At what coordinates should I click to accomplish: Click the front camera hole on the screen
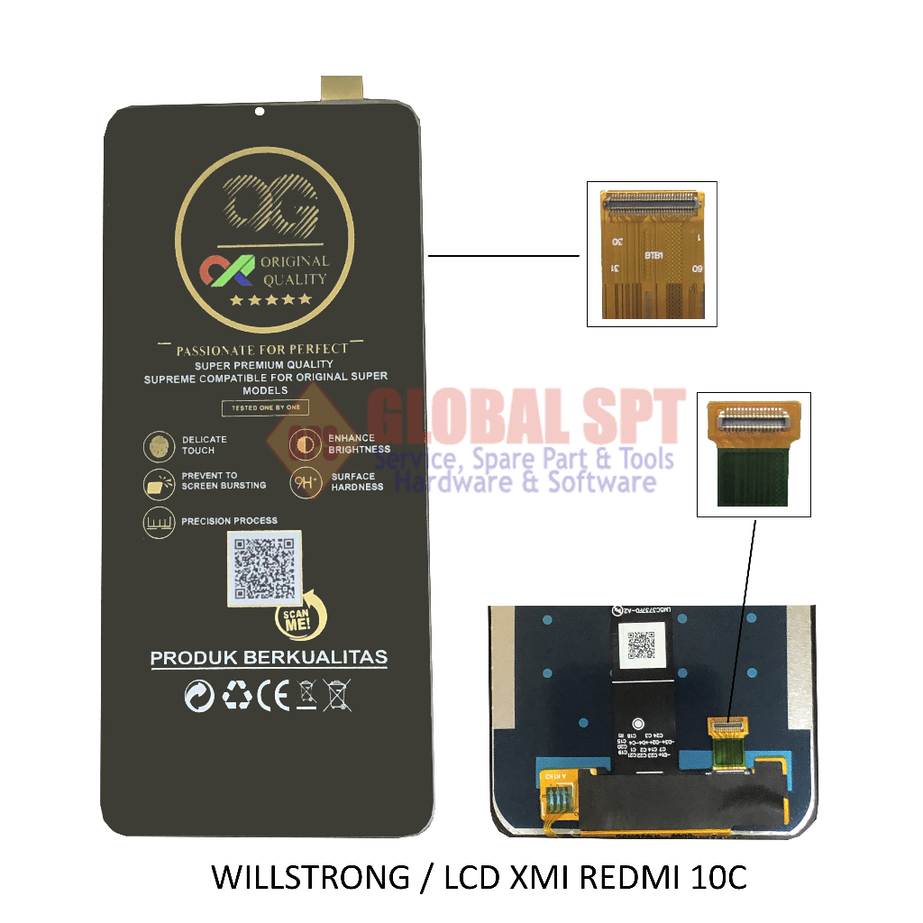pyautogui.click(x=260, y=113)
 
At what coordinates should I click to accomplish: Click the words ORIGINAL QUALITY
pyautogui.click(x=294, y=270)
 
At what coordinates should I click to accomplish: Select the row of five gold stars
pyautogui.click(x=270, y=299)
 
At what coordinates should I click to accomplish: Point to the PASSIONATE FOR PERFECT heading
pyautogui.click(x=261, y=349)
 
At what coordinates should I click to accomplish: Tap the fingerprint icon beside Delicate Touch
pyautogui.click(x=160, y=445)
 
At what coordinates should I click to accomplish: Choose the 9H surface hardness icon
pyautogui.click(x=305, y=482)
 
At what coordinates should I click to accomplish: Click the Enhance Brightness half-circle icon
pyautogui.click(x=305, y=444)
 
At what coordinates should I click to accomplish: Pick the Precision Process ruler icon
pyautogui.click(x=160, y=522)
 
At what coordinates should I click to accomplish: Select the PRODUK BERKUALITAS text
pyautogui.click(x=269, y=658)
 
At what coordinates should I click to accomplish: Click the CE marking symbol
pyautogui.click(x=273, y=695)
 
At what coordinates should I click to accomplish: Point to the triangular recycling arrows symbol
pyautogui.click(x=237, y=695)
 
